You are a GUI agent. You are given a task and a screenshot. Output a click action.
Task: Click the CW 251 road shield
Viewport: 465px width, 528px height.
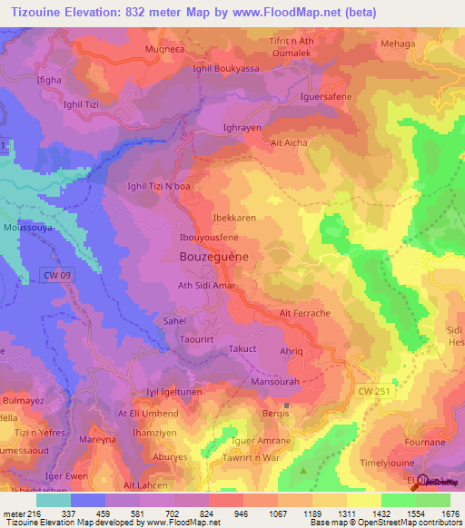point(381,389)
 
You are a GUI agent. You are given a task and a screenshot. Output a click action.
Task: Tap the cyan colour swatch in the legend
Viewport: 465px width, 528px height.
point(53,500)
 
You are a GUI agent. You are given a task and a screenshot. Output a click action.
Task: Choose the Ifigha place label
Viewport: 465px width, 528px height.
point(50,81)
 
